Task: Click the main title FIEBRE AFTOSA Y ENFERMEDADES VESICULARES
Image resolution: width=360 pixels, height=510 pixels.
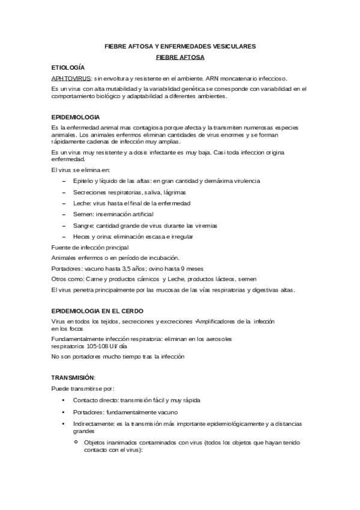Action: point(180,46)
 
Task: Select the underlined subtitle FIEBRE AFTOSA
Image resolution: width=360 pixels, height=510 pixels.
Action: point(180,57)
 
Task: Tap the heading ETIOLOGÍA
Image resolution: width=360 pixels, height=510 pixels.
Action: point(68,67)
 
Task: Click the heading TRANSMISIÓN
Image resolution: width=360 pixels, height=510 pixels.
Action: point(73,377)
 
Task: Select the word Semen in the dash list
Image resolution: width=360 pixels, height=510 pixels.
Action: point(82,214)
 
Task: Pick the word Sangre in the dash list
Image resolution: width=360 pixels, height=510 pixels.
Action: point(83,225)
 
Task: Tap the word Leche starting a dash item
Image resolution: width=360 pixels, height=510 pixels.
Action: point(82,203)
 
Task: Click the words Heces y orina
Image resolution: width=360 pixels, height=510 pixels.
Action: point(93,236)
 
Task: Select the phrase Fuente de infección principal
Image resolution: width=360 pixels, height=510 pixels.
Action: point(90,247)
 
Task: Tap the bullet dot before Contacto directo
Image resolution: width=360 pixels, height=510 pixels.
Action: point(63,400)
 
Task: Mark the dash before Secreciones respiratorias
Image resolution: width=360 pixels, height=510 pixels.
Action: point(64,192)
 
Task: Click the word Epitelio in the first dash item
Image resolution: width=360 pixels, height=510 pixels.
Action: point(83,181)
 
